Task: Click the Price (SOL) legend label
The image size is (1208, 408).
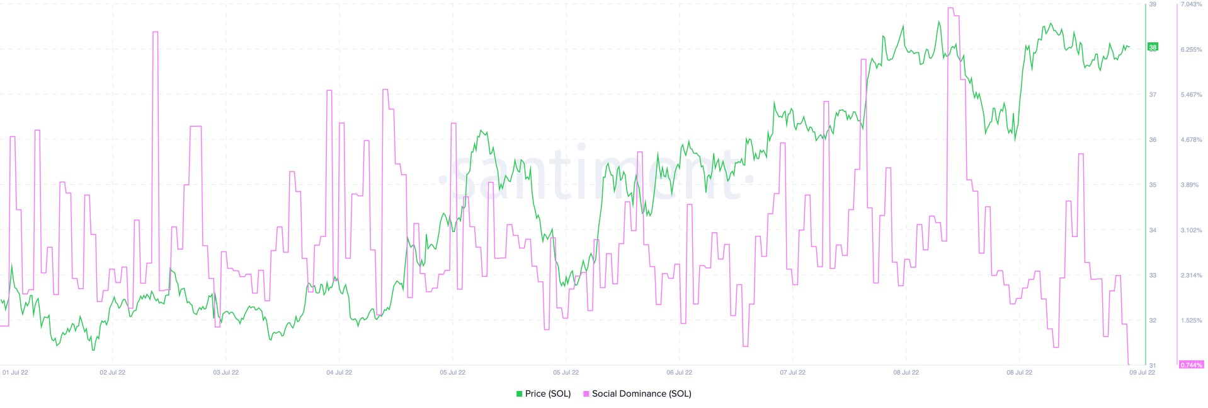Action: [547, 393]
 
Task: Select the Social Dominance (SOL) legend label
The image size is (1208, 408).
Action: [641, 393]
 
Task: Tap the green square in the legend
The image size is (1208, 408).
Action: [520, 393]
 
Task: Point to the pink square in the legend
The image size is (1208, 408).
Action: [586, 393]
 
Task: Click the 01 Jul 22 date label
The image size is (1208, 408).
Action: [15, 372]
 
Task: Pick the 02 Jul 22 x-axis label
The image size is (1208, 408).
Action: [112, 372]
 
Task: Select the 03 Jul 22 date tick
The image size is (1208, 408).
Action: [225, 372]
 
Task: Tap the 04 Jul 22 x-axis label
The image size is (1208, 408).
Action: [339, 372]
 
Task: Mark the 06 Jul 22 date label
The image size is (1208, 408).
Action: [679, 372]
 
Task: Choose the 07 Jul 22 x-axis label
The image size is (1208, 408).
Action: [792, 372]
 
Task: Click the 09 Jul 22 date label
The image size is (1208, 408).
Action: [1142, 372]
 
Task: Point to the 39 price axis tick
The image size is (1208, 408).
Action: [1153, 4]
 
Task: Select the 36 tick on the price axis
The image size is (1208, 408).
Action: [1153, 139]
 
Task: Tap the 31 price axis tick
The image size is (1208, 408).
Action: [1153, 365]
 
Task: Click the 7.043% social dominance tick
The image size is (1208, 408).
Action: [1191, 4]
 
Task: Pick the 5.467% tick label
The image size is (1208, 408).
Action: [1191, 95]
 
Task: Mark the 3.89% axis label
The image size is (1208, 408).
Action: [1190, 185]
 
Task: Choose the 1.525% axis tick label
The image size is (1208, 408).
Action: [1191, 320]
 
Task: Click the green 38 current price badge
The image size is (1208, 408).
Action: [1153, 47]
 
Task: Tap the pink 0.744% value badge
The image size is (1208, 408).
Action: [1191, 364]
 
